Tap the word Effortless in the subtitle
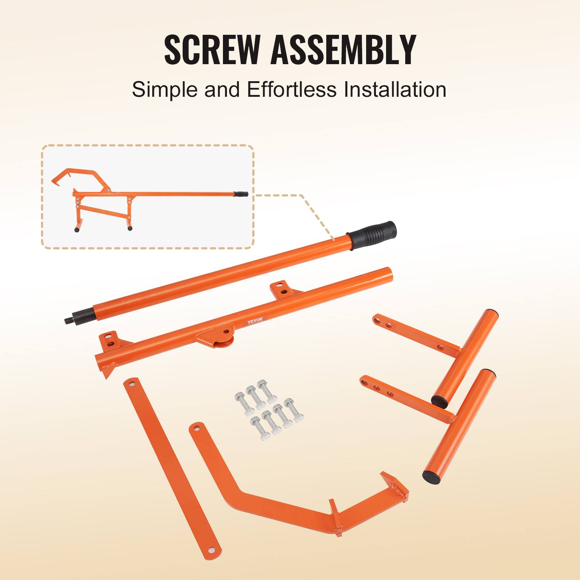tap(292, 90)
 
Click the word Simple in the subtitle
tap(165, 90)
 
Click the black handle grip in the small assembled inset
tap(241, 194)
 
